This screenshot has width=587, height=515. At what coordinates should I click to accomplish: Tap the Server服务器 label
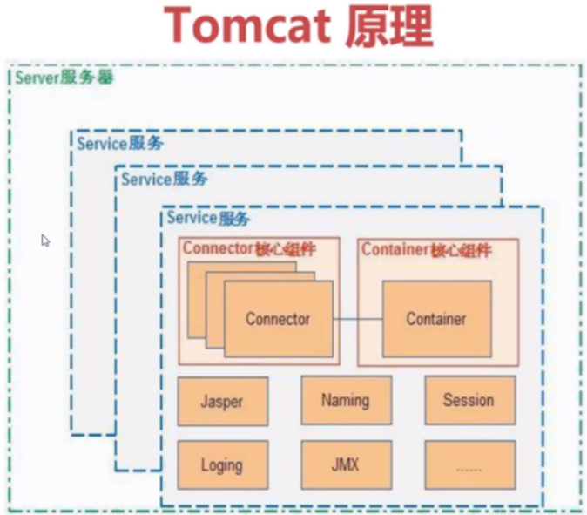click(x=64, y=77)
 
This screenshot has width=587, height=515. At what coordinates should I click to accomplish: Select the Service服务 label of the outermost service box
click(x=119, y=143)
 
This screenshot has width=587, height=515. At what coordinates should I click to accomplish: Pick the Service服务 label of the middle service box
click(x=164, y=180)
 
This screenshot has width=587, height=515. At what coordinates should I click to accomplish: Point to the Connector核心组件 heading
click(x=248, y=249)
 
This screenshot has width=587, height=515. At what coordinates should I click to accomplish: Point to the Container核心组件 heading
click(x=427, y=249)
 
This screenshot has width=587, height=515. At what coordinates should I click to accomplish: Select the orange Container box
click(x=436, y=318)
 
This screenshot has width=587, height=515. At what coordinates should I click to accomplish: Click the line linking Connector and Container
click(x=357, y=319)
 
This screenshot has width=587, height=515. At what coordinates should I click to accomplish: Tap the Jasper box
click(x=222, y=401)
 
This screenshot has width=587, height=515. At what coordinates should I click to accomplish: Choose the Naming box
click(x=345, y=401)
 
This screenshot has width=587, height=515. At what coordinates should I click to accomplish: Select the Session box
click(x=469, y=401)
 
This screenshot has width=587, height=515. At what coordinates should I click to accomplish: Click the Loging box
click(x=222, y=464)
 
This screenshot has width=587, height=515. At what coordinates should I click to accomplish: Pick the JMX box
click(x=345, y=464)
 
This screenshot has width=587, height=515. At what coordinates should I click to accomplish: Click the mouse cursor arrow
click(x=45, y=241)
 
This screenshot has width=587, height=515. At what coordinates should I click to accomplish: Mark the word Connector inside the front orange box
click(x=278, y=319)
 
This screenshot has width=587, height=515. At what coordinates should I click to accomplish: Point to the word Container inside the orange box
click(x=436, y=319)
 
